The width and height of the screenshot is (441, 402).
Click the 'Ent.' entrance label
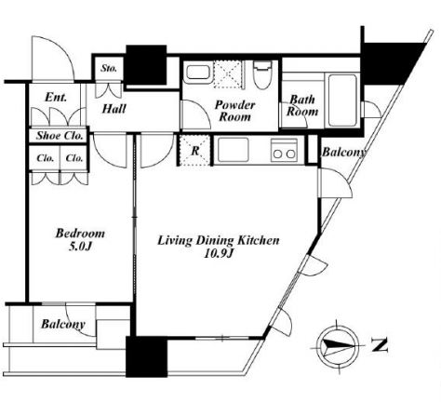pos(56,98)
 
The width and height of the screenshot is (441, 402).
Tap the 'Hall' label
pos(114,109)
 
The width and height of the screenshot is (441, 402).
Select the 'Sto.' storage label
pos(109,68)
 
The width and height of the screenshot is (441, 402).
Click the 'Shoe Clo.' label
pos(60,136)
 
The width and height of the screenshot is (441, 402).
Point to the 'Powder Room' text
pos(234,111)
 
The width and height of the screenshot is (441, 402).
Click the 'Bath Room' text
pos(302,105)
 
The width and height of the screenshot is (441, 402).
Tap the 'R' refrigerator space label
pos(195,151)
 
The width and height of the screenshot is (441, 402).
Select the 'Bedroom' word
pos(80,234)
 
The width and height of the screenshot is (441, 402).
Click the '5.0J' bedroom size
pos(80,247)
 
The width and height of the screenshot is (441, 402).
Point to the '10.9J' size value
pos(219,254)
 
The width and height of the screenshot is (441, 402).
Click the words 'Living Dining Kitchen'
pos(219,241)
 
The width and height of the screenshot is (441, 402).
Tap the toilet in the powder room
pos(262,74)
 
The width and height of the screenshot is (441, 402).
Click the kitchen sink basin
pos(234,150)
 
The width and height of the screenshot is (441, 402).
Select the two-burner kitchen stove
pos(284,150)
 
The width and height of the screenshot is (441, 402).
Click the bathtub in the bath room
pos(342,100)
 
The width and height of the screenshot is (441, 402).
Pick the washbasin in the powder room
pos(196,72)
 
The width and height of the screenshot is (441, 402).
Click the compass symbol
pos(338,345)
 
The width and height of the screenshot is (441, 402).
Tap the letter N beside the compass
pos(381,345)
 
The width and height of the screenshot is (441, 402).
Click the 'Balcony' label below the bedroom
pos(63,325)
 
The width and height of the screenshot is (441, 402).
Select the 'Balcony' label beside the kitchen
pos(344,153)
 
